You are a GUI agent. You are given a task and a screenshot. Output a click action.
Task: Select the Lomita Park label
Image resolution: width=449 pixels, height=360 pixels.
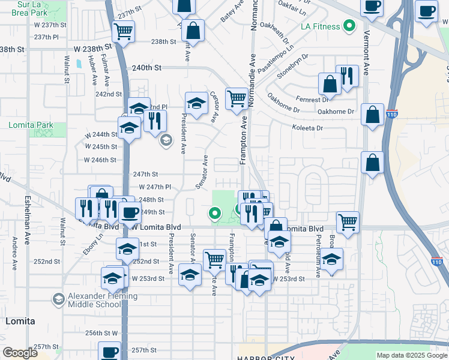(x=31, y=125)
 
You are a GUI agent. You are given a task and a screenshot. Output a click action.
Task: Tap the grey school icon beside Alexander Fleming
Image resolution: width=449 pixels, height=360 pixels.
(x=58, y=299)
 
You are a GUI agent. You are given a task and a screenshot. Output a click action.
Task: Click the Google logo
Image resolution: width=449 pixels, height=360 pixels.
(x=20, y=353)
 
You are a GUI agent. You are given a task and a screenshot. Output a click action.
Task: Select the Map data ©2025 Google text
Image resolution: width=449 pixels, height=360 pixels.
(x=412, y=355)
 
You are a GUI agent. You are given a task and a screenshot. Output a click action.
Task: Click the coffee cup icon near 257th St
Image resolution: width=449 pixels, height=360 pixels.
(x=110, y=352)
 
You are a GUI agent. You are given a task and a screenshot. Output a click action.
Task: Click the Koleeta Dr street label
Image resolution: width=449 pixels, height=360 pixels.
(x=307, y=128)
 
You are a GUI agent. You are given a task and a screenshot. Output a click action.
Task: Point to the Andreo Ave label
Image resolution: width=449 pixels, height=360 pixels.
(x=14, y=250)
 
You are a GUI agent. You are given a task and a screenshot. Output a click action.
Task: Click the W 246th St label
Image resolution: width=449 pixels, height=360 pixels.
(x=100, y=160)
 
